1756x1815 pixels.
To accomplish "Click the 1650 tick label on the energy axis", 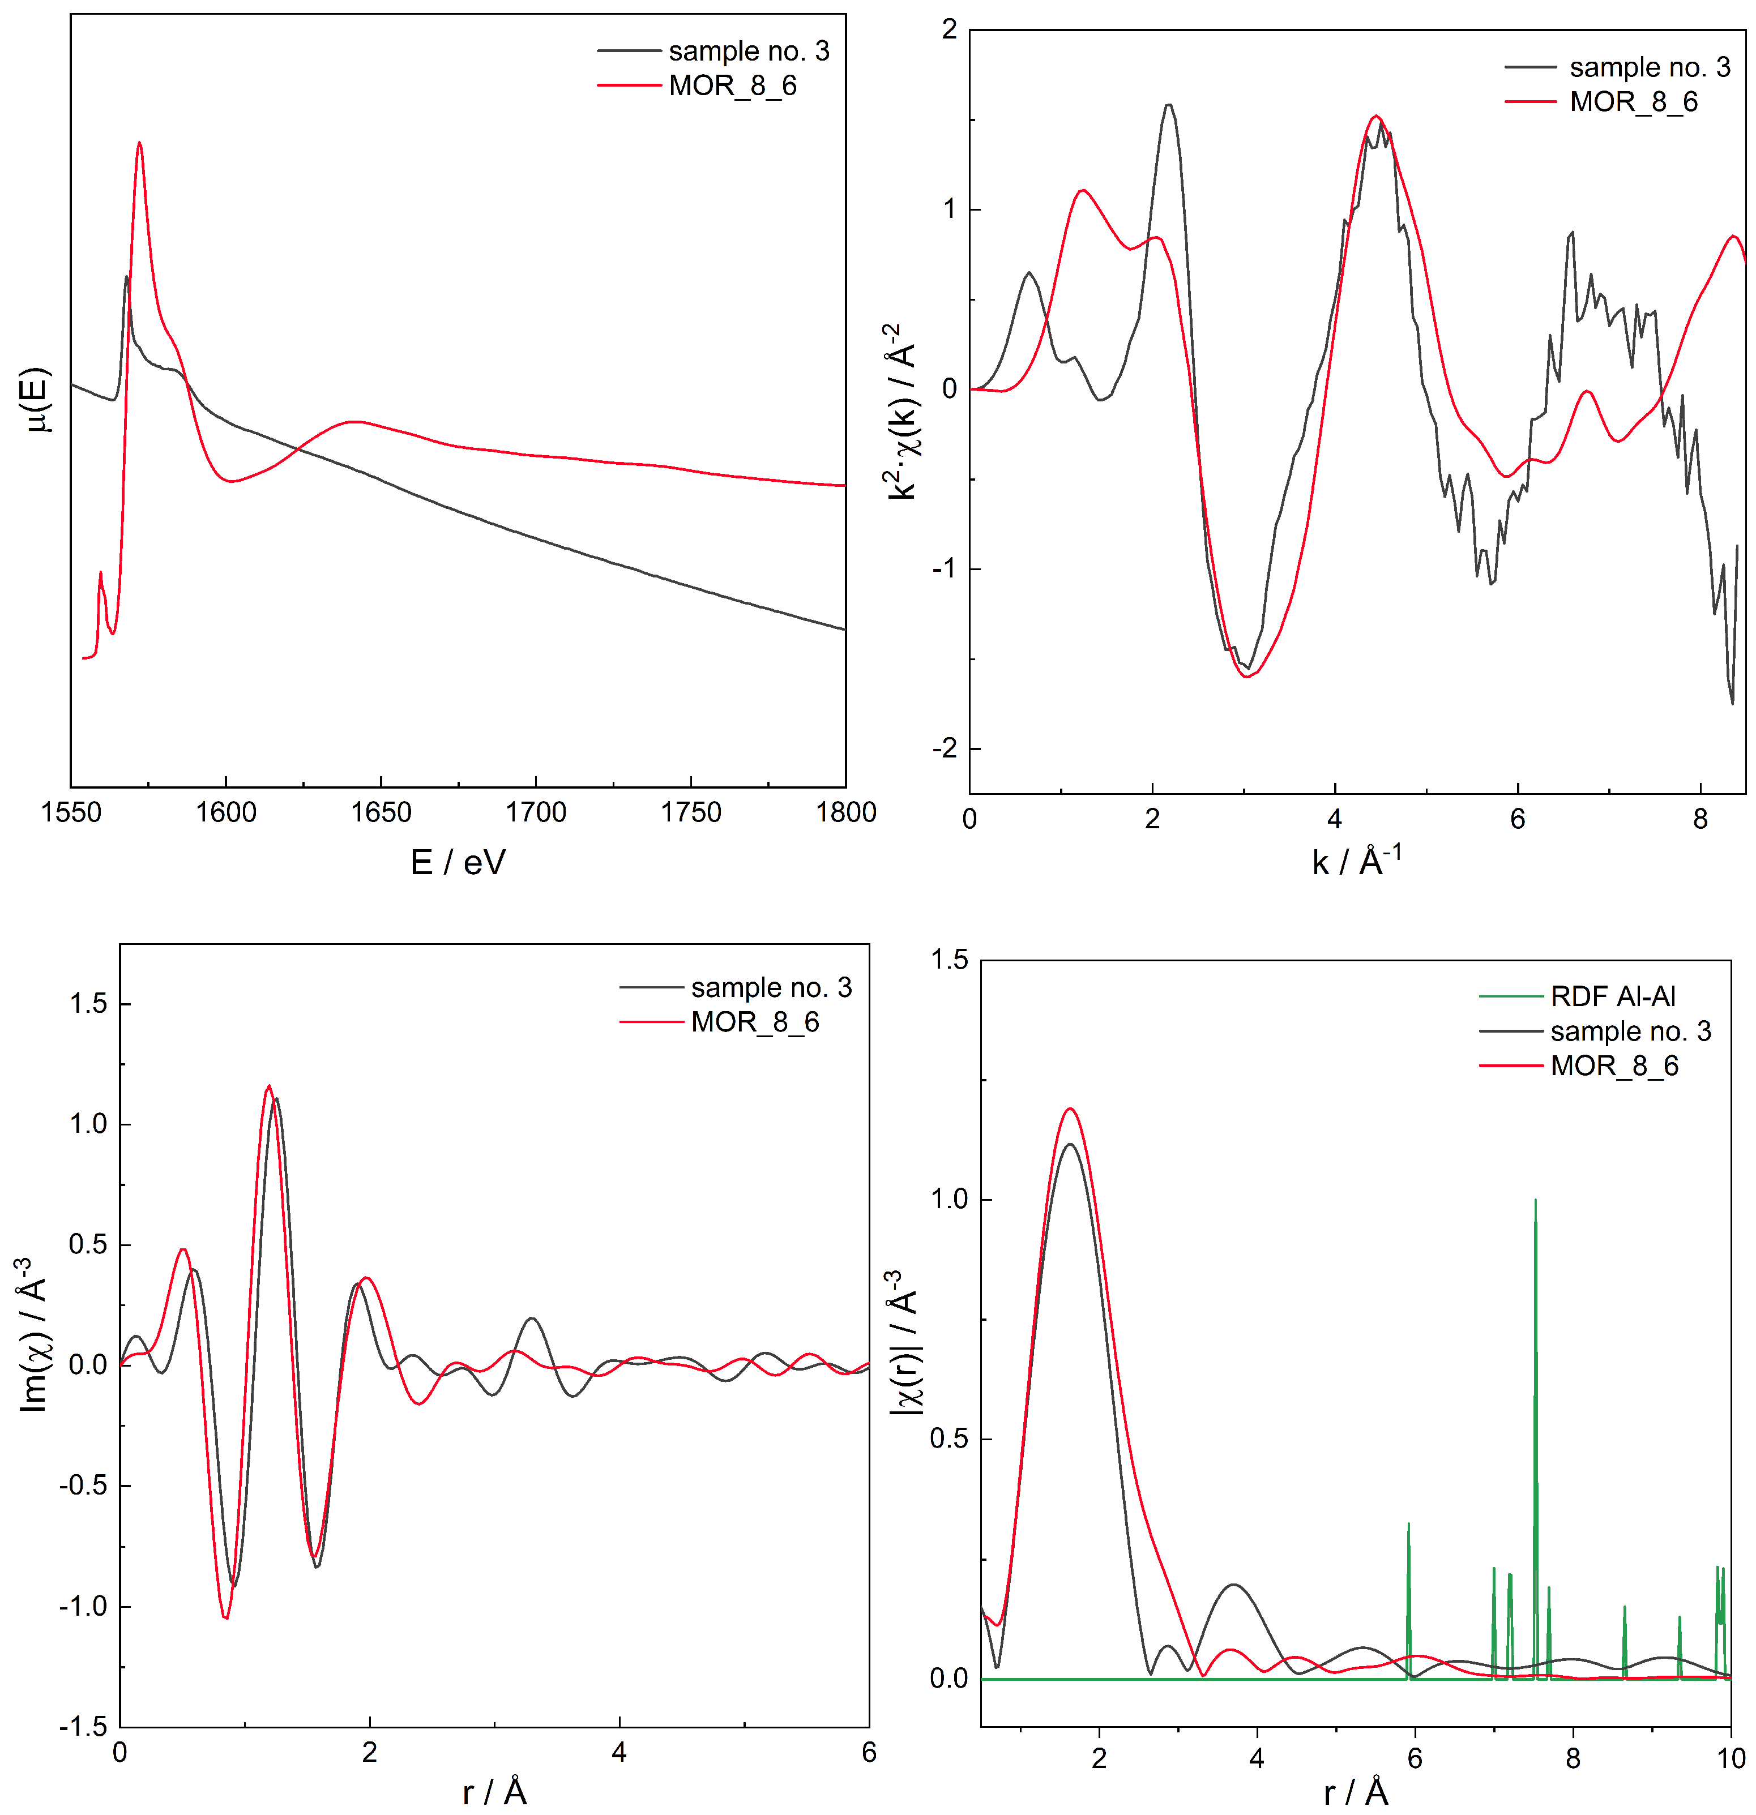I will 381,812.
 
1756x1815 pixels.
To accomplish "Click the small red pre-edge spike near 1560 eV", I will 100,573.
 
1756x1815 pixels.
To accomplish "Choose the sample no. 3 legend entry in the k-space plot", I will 1648,67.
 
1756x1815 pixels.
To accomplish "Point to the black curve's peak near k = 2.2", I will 1169,105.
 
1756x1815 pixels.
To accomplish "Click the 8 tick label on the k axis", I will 1699,820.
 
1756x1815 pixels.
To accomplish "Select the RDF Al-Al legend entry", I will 1612,996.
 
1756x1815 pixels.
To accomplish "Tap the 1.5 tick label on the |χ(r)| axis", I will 949,960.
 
